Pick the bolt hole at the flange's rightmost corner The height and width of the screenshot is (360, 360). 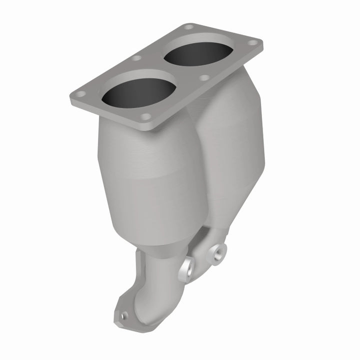pyautogui.click(x=254, y=43)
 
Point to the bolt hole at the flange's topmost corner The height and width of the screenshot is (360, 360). pyautogui.click(x=188, y=26)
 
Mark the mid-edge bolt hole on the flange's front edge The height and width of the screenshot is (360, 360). pyautogui.click(x=203, y=77)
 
